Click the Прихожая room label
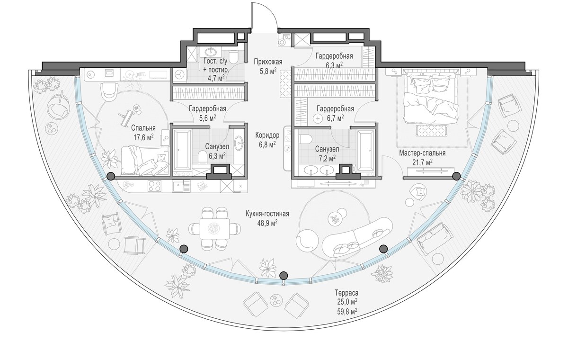[x=268, y=62]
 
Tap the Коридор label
[x=267, y=135]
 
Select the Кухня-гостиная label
[x=267, y=214]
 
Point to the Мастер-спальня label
[x=422, y=153]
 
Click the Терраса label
[x=346, y=293]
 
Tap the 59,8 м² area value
[x=346, y=311]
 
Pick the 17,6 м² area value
[x=144, y=137]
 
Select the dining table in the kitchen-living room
[x=214, y=229]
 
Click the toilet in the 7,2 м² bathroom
[x=306, y=139]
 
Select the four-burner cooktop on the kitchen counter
[x=154, y=186]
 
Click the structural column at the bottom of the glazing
[x=284, y=276]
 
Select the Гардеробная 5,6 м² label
[x=207, y=113]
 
